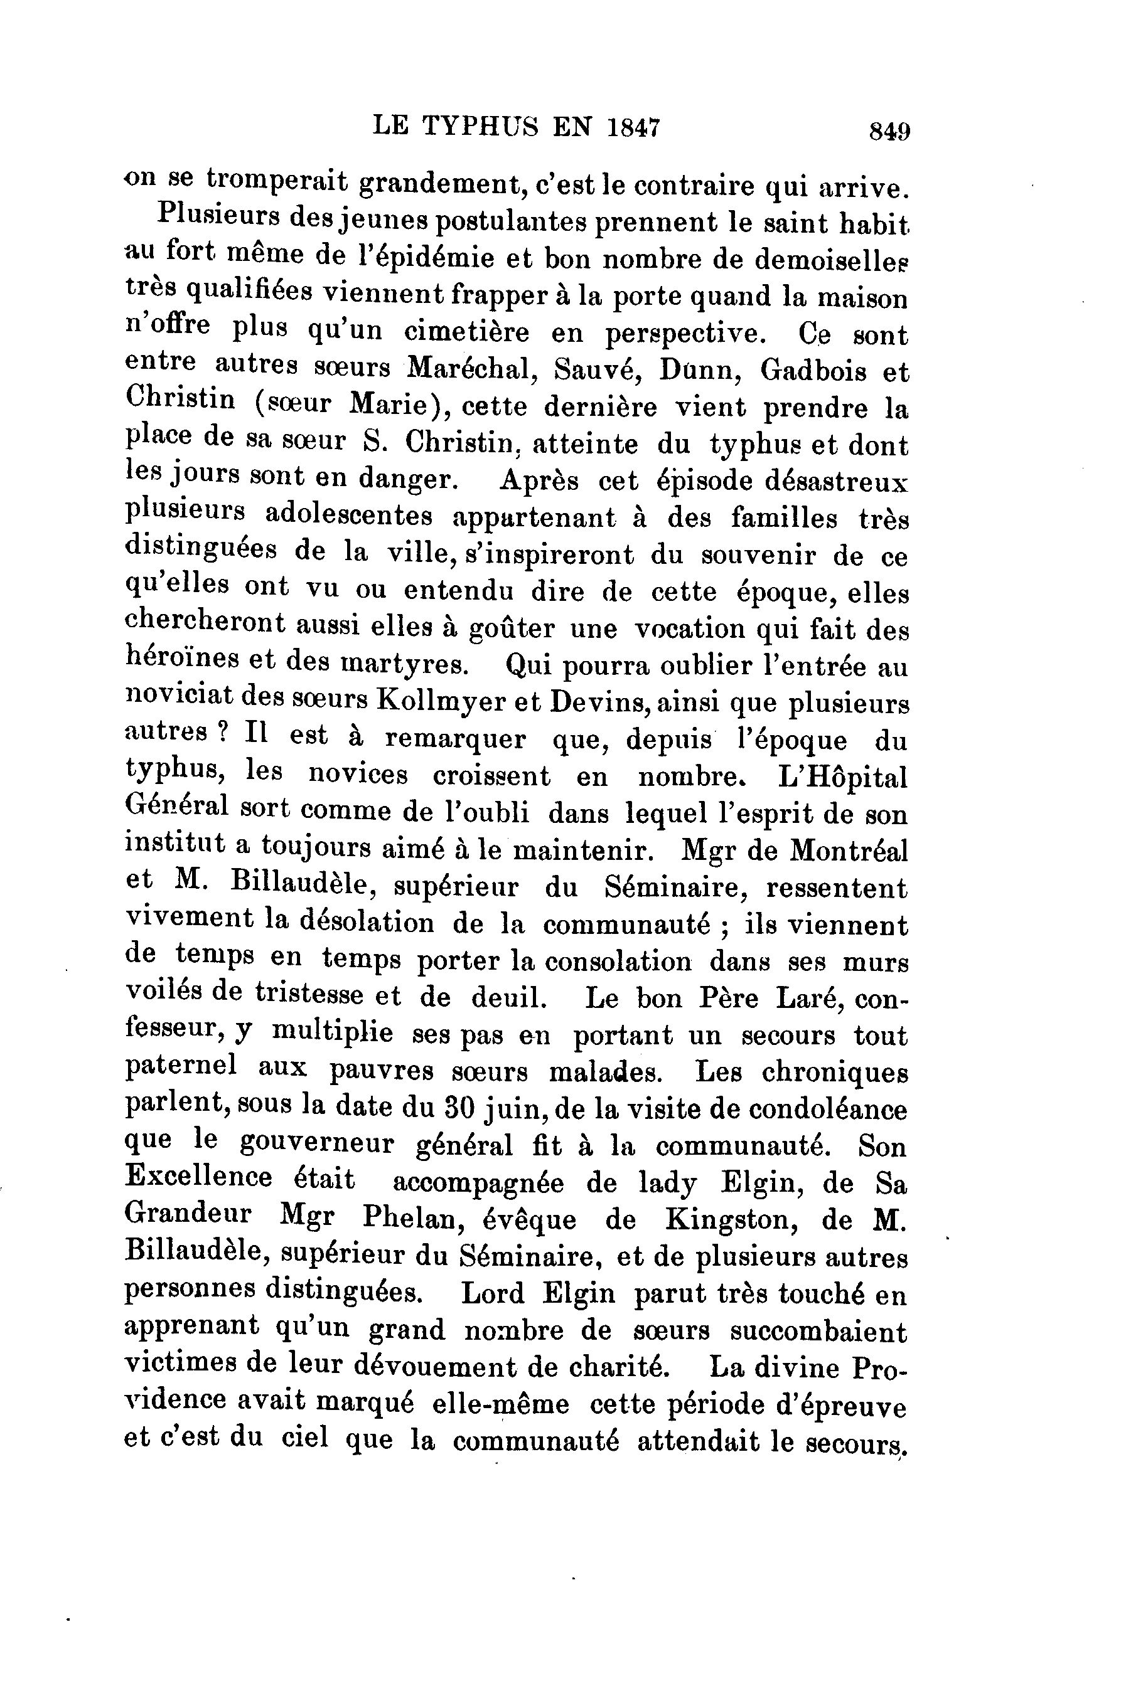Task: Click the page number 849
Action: pos(889,132)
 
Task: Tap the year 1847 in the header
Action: pos(633,127)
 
